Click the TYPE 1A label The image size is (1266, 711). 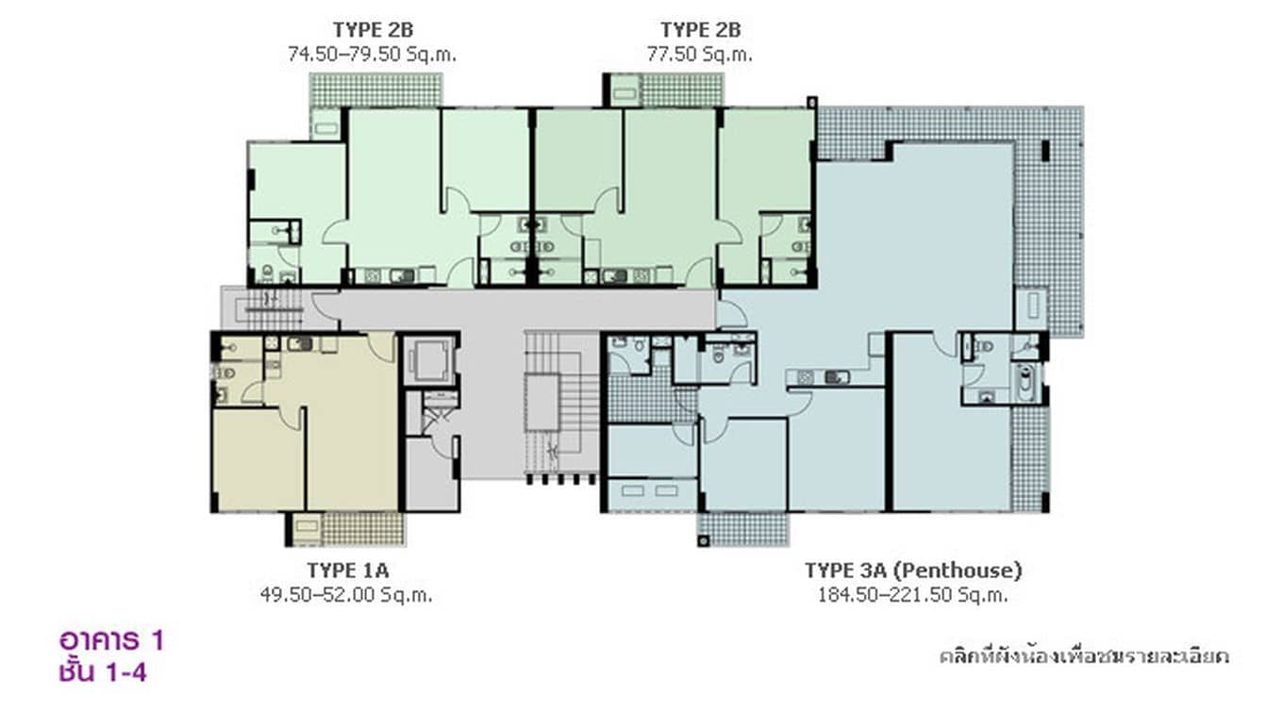pos(347,570)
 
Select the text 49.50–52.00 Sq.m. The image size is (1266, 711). pos(347,595)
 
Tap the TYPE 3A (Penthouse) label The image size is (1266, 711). pos(912,570)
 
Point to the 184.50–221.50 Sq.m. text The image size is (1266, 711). pos(912,595)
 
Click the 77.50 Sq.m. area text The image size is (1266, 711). pos(699,55)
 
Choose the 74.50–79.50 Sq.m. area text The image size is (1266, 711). pos(372,55)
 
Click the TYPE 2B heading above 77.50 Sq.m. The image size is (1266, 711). pos(699,30)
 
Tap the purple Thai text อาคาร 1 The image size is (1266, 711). pos(111,641)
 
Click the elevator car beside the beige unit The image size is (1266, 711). pos(429,359)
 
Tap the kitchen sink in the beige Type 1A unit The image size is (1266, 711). pos(299,344)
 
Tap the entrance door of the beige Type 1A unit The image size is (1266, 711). pos(381,346)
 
